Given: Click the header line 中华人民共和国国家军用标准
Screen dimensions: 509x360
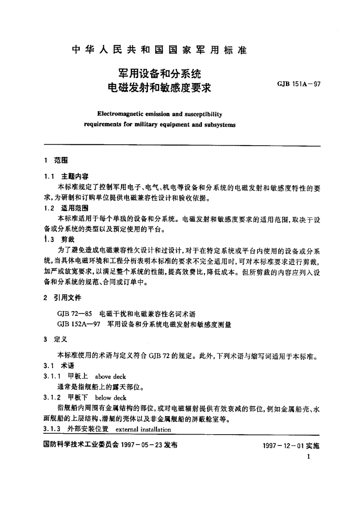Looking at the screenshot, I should (159, 50).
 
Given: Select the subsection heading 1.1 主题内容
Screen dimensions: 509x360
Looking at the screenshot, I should (65, 176).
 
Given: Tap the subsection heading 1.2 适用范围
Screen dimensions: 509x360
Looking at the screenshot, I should (65, 209).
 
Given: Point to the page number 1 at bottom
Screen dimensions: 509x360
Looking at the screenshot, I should (308, 458).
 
